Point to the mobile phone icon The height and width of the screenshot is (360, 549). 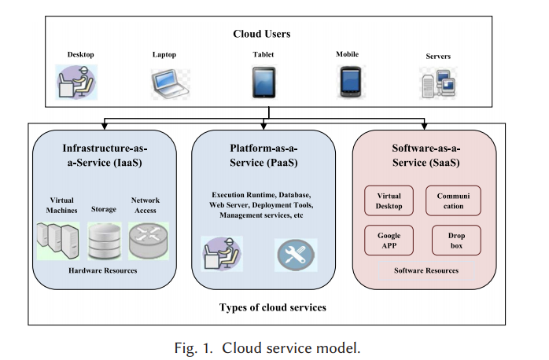click(349, 80)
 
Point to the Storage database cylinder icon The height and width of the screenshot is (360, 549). click(104, 242)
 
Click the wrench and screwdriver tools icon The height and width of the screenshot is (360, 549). click(296, 253)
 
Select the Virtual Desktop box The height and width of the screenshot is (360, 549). click(389, 201)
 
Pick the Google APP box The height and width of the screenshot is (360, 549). click(389, 241)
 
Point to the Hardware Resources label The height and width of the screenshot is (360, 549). click(104, 270)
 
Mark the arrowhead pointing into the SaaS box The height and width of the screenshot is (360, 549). click(426, 126)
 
